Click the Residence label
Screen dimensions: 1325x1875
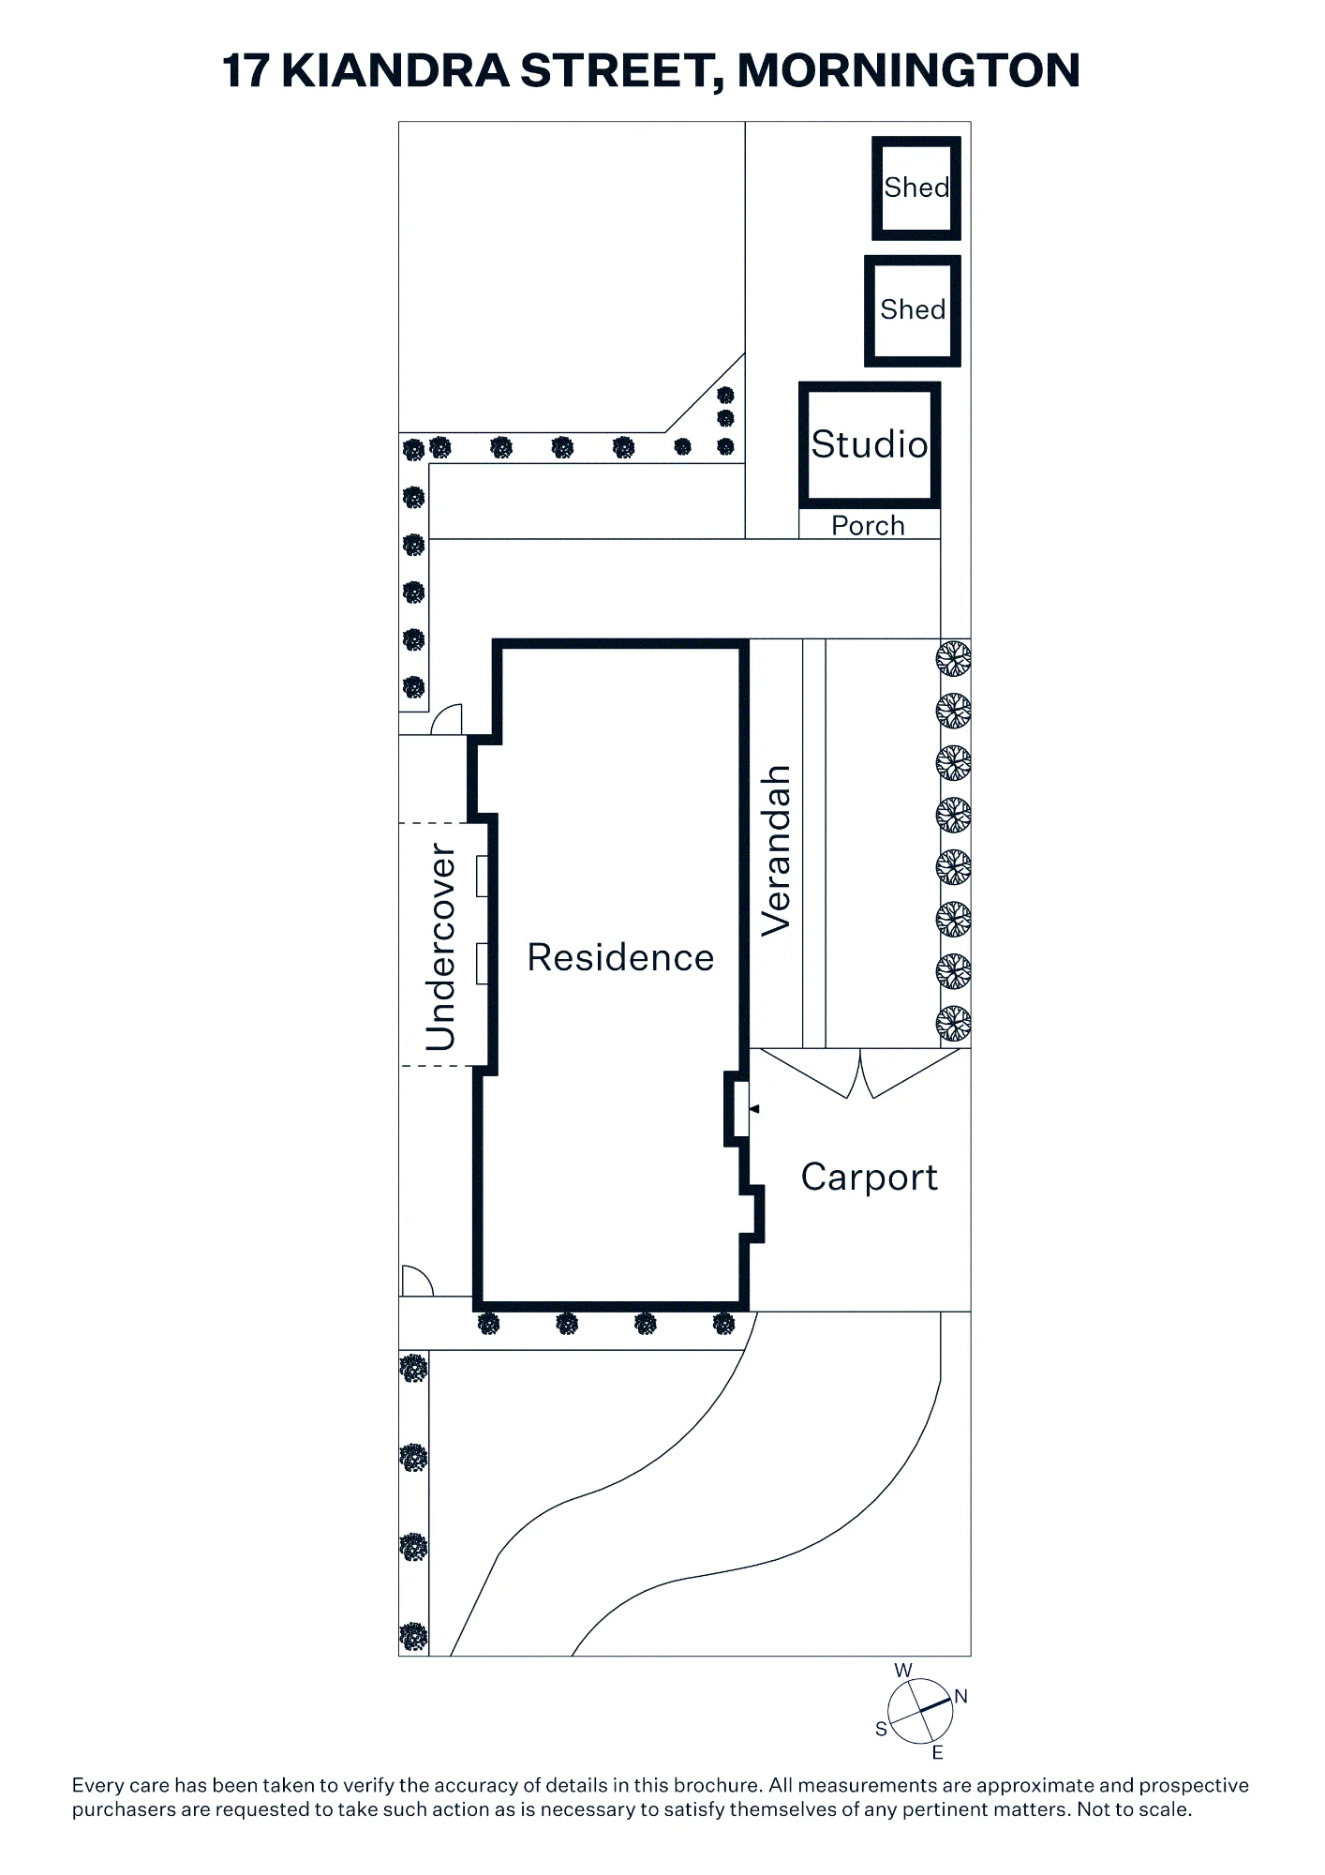click(620, 957)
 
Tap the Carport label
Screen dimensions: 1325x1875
click(869, 1177)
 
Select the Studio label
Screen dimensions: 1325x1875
click(870, 444)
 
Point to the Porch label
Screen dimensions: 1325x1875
click(869, 525)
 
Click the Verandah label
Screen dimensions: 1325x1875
click(777, 851)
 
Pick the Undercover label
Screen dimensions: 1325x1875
click(440, 947)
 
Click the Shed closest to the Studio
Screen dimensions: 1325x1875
click(913, 309)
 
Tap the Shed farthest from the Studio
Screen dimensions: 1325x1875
click(916, 187)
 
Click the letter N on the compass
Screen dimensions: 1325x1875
click(960, 1697)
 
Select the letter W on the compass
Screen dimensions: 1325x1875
click(903, 1670)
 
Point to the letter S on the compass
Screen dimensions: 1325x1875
click(881, 1729)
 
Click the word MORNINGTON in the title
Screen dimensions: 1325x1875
click(909, 71)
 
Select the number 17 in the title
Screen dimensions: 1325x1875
click(246, 71)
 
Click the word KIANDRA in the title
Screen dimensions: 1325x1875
click(395, 71)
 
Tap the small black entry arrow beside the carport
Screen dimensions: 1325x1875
click(754, 1109)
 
